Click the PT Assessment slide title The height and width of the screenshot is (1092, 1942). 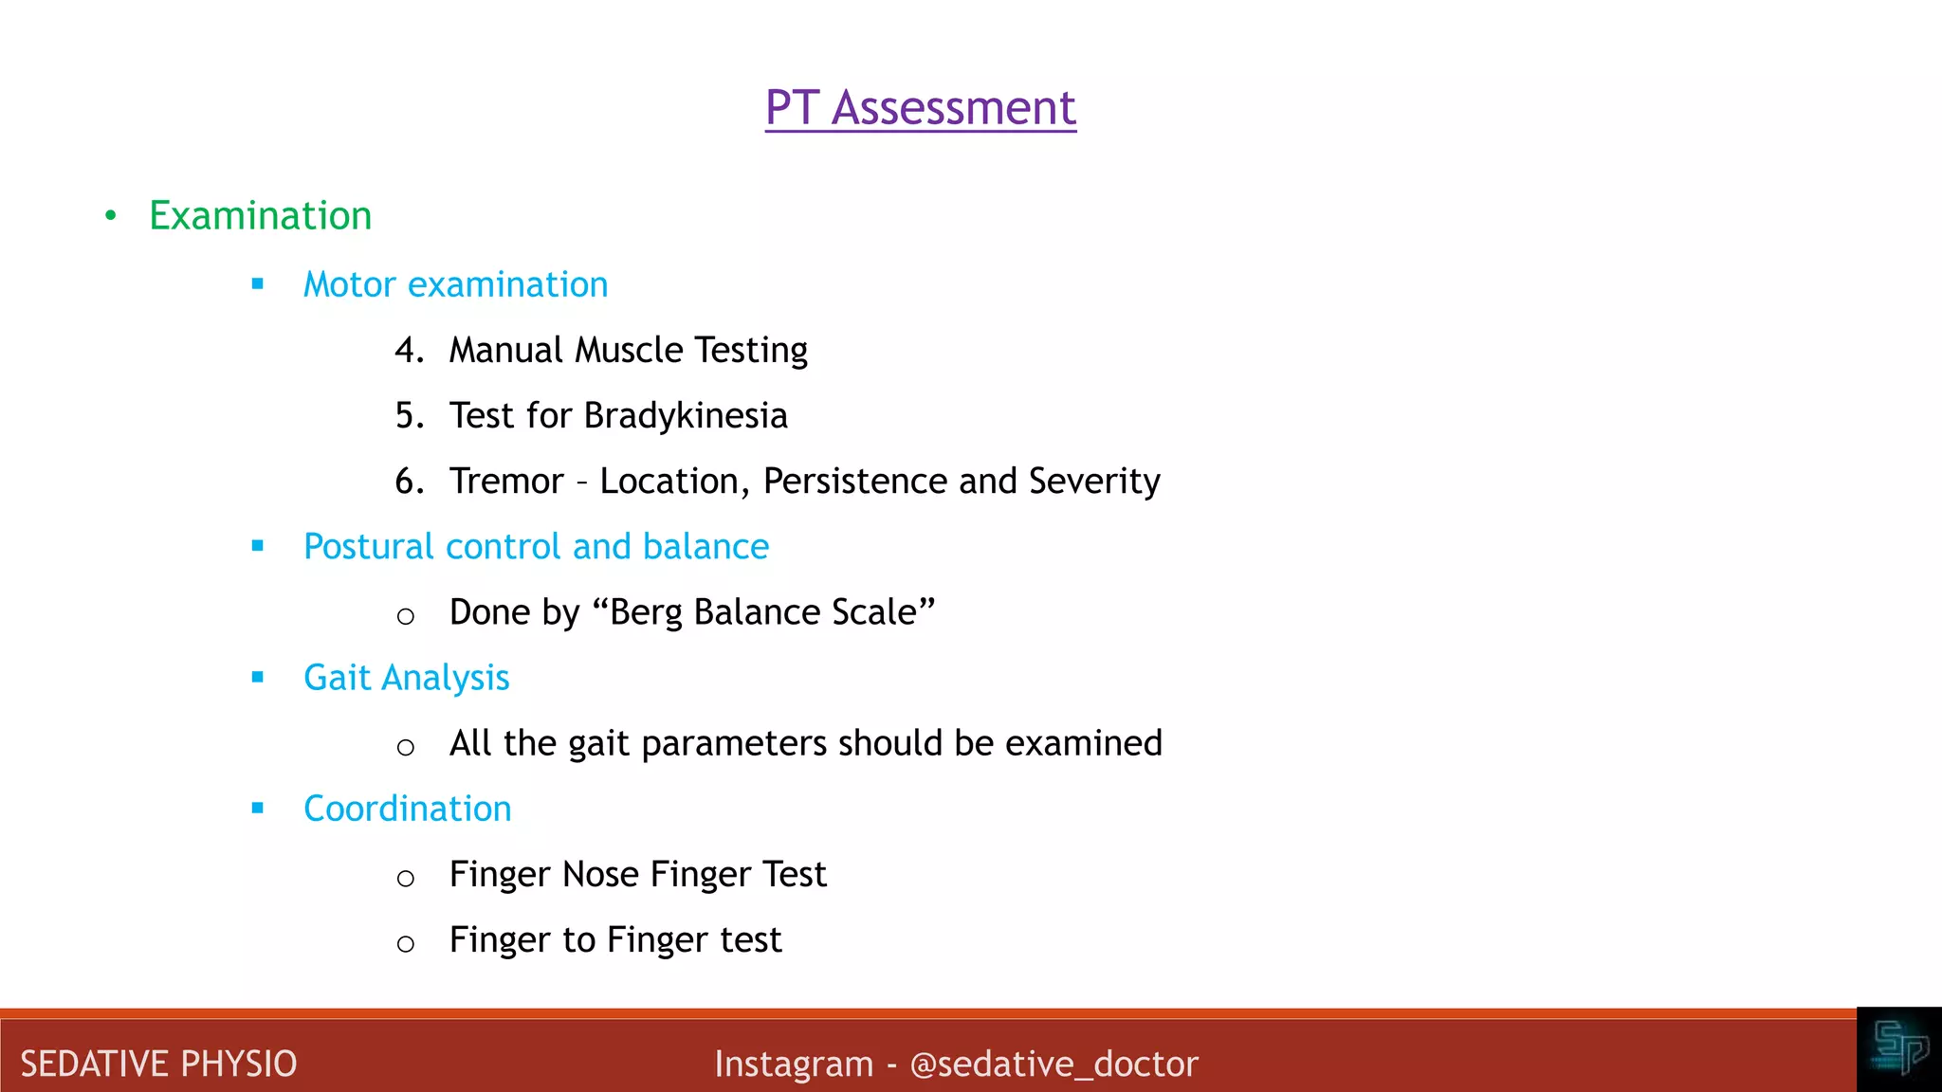(920, 107)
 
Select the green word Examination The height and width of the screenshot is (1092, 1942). (260, 216)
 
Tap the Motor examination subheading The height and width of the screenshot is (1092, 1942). (455, 284)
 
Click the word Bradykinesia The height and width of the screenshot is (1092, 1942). (686, 416)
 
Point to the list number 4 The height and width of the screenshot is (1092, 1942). (408, 351)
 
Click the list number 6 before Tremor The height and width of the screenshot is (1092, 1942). (408, 482)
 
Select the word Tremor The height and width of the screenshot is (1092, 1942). (506, 482)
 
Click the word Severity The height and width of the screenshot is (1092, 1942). (1094, 482)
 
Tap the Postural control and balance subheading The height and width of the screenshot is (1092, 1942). (536, 547)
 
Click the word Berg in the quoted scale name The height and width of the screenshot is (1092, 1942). (648, 612)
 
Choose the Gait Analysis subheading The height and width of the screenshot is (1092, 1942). (406, 678)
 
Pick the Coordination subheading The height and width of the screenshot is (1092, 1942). (407, 809)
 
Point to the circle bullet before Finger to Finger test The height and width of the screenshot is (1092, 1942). (406, 943)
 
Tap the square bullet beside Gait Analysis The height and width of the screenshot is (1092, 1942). (258, 677)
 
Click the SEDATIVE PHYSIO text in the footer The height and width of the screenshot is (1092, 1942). (158, 1064)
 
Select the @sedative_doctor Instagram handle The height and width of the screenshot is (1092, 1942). (1053, 1064)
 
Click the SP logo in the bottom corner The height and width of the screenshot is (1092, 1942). (1899, 1048)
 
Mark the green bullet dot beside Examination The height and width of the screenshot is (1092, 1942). (111, 216)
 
